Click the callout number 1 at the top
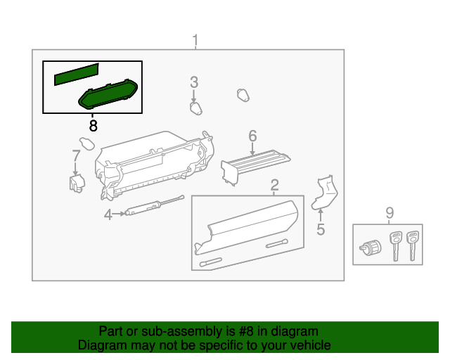[x=195, y=40]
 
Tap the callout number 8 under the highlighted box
[x=93, y=126]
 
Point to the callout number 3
[x=194, y=83]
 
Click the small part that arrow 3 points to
[x=195, y=108]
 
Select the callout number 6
[x=252, y=135]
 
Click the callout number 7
[x=77, y=155]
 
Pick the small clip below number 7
[x=76, y=182]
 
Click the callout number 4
[x=108, y=214]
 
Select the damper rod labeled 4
[x=151, y=207]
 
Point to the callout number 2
[x=275, y=186]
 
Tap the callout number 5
[x=321, y=229]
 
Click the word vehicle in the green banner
[x=308, y=345]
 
